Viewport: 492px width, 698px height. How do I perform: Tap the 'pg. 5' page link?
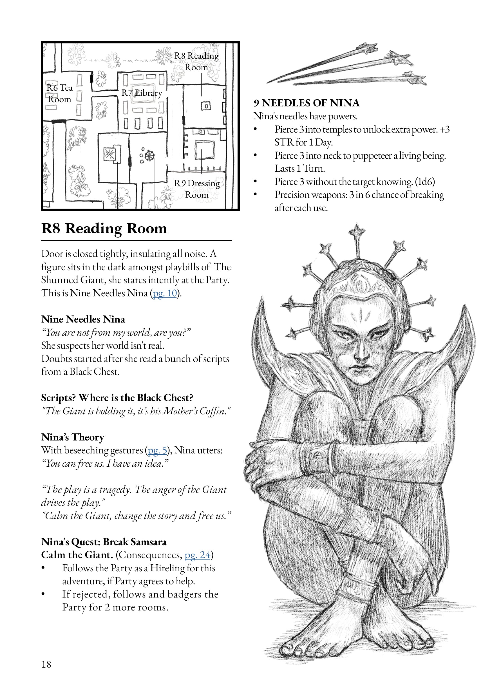tap(157, 450)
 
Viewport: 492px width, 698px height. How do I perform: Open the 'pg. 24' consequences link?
tap(197, 555)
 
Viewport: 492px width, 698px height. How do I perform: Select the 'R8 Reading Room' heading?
tap(104, 228)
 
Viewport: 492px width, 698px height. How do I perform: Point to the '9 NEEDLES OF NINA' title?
tap(307, 103)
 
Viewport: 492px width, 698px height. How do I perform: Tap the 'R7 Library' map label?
tap(142, 93)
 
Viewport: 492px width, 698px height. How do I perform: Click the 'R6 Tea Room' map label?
tap(60, 93)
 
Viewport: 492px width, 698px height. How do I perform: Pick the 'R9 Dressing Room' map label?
tap(197, 189)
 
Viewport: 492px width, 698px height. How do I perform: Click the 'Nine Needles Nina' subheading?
tap(83, 319)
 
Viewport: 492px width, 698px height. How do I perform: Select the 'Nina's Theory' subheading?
tap(73, 437)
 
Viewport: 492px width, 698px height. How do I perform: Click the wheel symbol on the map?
tap(150, 155)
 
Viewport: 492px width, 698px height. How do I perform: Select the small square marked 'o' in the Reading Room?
tap(206, 106)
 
